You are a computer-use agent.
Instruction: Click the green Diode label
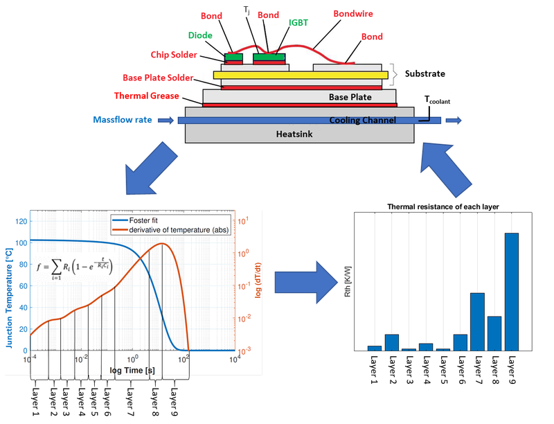pos(201,36)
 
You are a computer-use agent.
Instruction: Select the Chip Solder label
pos(175,55)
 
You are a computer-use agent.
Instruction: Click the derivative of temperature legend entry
pos(175,231)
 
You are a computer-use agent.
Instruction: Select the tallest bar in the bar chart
pos(512,292)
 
